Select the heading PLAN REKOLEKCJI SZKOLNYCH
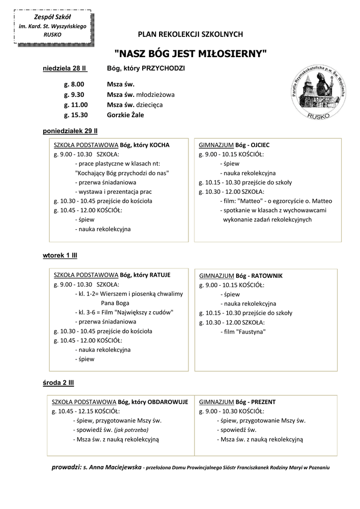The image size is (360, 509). tap(190, 34)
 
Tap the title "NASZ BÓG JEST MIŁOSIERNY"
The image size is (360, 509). tap(191, 52)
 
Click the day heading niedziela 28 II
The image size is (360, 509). tap(64, 68)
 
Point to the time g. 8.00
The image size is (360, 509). tap(74, 85)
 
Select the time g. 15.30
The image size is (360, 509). tap(76, 115)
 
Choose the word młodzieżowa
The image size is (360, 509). tap(156, 94)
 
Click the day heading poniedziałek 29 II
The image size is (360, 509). tap(70, 131)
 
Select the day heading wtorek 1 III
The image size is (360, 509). tap(60, 255)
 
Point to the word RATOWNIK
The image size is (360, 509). tap(266, 275)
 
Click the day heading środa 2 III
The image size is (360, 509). tap(58, 383)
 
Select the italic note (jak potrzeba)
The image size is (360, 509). tap(131, 430)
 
